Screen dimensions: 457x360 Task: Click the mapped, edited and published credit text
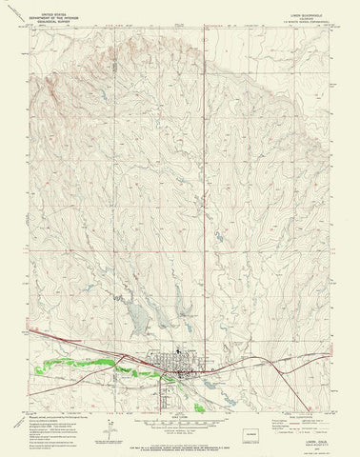point(63,396)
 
